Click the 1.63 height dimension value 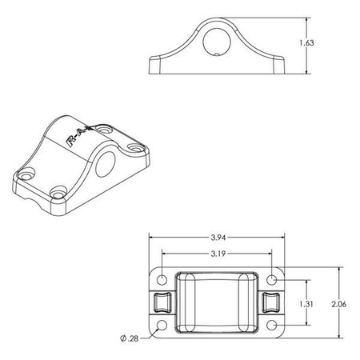tap(308, 43)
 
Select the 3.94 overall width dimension tap(218, 238)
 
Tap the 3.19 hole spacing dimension tap(218, 254)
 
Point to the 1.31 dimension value tap(306, 303)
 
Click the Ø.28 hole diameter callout tap(130, 339)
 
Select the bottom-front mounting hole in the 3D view tap(58, 191)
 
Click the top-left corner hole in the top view tap(163, 278)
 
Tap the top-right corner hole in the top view tap(273, 278)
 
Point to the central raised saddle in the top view tap(218, 303)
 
